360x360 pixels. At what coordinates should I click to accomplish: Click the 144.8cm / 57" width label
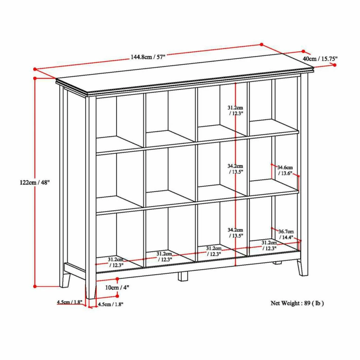coord(148,57)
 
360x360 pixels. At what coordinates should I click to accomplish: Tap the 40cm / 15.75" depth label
coord(320,59)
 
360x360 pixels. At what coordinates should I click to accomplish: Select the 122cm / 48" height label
coord(34,183)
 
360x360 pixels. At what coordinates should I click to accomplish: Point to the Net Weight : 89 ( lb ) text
coord(297,303)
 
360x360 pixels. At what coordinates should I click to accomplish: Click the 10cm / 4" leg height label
coord(117,287)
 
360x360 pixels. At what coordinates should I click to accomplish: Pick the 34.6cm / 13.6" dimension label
coord(285,170)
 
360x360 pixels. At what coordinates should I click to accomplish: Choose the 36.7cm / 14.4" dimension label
coord(286,234)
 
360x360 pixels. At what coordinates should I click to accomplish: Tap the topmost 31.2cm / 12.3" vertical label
coord(235,111)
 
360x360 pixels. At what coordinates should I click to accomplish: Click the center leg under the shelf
coord(183,276)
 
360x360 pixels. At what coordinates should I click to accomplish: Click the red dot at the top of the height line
coord(35,78)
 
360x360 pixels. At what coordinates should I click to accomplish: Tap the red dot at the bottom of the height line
coord(35,286)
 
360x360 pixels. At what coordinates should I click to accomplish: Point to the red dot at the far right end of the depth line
coord(335,65)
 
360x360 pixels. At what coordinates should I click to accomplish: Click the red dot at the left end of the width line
coord(35,69)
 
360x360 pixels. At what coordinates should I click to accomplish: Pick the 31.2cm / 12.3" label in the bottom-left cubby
coord(116,262)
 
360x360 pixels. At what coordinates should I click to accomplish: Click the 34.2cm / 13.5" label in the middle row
coord(235,169)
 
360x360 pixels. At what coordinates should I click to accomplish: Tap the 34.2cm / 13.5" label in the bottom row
coord(235,233)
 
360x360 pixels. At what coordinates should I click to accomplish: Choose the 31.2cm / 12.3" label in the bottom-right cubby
coord(269,245)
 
